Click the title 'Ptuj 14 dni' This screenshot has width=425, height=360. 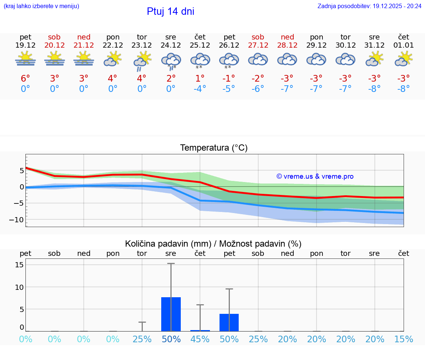(170, 11)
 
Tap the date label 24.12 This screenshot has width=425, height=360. (171, 45)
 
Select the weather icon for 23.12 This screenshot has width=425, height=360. (142, 61)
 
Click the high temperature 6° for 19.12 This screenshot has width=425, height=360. (25, 79)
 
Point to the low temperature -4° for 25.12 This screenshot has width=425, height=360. (200, 89)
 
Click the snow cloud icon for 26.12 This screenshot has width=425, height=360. (229, 61)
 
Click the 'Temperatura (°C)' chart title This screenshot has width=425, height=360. (214, 148)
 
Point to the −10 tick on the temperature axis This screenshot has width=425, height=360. (17, 220)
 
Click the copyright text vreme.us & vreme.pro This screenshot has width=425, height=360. (315, 176)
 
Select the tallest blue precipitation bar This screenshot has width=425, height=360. (171, 314)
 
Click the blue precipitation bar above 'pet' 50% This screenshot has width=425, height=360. (229, 322)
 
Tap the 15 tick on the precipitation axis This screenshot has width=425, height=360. (20, 265)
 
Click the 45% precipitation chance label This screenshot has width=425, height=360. (200, 339)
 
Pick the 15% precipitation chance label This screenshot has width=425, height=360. (404, 339)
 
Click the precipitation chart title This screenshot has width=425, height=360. (213, 244)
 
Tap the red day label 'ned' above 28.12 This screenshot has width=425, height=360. (287, 37)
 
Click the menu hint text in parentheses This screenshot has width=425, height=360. (41, 6)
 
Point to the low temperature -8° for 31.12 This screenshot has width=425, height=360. (374, 89)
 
